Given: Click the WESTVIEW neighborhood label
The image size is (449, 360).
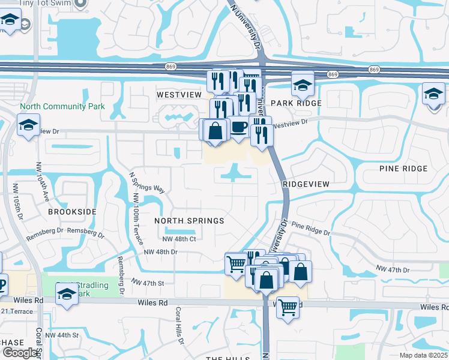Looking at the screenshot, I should [178, 95].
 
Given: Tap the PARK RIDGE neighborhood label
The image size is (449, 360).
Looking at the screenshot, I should [296, 103].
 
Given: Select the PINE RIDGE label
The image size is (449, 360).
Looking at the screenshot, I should [403, 169].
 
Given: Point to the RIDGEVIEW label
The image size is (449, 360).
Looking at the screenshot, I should [306, 185].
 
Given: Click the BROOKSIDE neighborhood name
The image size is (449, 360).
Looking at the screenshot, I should [72, 212].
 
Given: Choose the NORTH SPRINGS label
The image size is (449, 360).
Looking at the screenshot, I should [189, 221].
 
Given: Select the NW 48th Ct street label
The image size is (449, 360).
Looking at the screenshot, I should [179, 239].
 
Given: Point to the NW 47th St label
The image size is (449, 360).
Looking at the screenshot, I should [148, 282].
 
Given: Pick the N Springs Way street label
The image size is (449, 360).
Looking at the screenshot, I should [147, 181].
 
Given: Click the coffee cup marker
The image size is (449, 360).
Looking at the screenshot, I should [240, 127].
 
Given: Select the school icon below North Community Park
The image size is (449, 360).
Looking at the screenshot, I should [28, 125].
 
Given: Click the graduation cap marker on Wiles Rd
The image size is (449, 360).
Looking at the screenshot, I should [67, 294].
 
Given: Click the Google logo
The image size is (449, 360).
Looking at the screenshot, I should [20, 353].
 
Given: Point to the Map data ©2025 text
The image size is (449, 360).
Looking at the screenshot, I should [424, 355].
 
